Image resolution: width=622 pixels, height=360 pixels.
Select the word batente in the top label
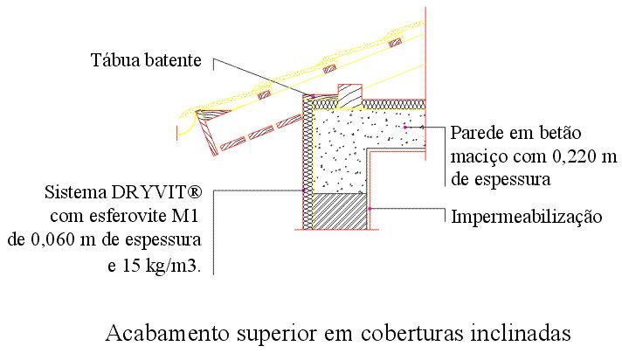tap(173, 60)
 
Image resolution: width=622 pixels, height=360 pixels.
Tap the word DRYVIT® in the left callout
tap(156, 192)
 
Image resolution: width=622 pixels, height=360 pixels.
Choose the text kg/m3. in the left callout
tap(173, 266)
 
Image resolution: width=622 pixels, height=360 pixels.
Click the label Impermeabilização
tap(527, 217)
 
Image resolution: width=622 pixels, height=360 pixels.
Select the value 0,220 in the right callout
tap(575, 156)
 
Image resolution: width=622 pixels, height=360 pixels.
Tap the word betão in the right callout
tap(560, 133)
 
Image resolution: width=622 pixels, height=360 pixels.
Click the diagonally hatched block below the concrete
tap(339, 211)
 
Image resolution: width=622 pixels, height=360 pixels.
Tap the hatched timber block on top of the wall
tap(349, 96)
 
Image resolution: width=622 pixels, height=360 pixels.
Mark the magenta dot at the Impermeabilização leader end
tap(370, 208)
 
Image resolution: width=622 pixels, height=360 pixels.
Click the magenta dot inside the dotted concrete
tap(405, 127)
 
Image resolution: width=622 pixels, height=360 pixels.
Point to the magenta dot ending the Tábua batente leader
tap(313, 96)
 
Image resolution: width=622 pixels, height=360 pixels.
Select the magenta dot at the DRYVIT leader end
tap(304, 190)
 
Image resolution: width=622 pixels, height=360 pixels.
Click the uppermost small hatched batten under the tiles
tap(395, 43)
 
